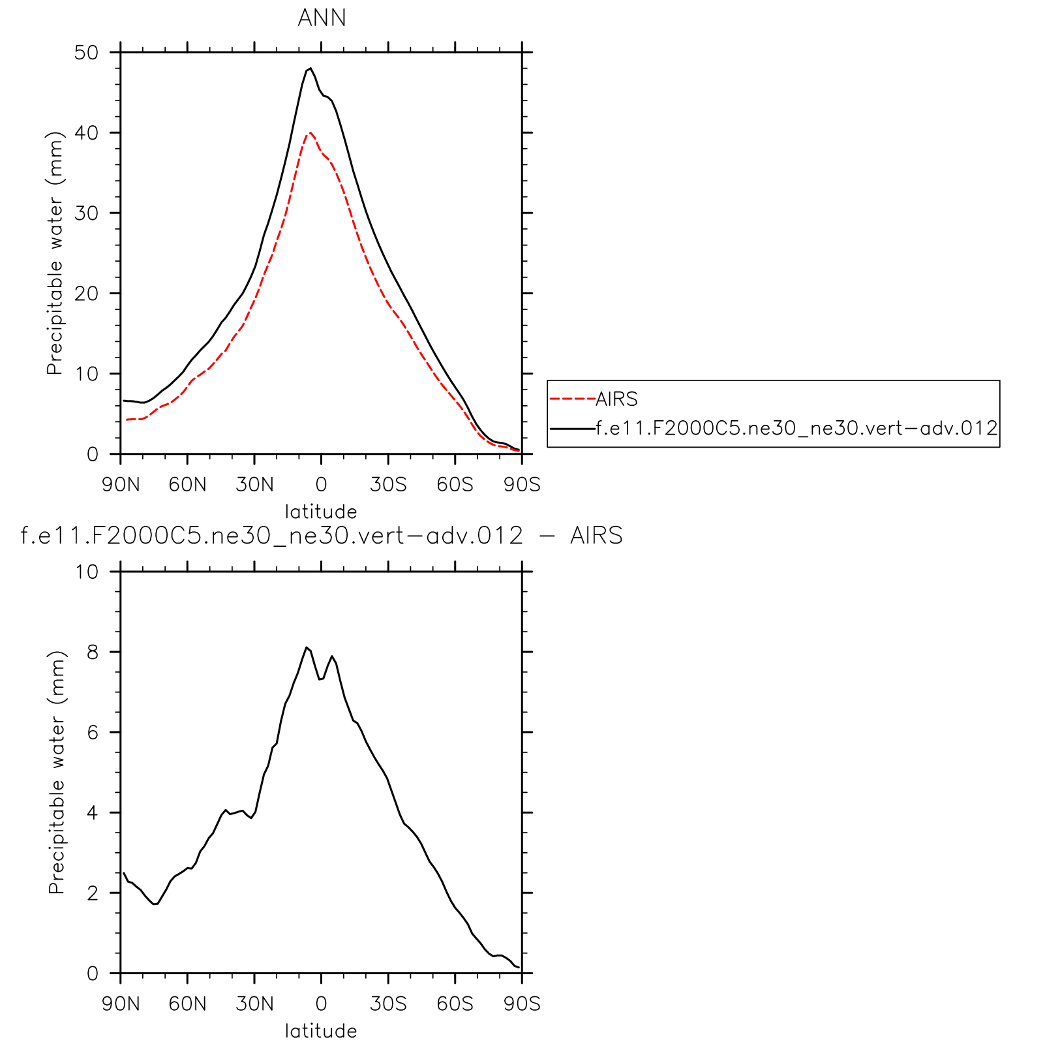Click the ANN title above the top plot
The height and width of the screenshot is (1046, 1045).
click(x=322, y=18)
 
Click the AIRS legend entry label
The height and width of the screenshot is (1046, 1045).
click(x=616, y=399)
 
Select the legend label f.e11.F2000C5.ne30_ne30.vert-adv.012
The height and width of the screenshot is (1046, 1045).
click(x=796, y=428)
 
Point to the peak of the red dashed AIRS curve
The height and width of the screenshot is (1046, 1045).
click(x=310, y=132)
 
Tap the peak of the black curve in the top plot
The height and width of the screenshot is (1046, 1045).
click(x=310, y=68)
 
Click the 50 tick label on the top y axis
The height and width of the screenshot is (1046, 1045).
click(x=86, y=52)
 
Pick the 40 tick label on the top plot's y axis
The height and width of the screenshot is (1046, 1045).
click(x=86, y=132)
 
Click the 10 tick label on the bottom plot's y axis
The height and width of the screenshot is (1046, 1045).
click(x=86, y=572)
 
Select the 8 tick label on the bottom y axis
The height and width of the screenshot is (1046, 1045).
click(x=92, y=652)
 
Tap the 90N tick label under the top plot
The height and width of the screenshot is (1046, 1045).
click(x=121, y=485)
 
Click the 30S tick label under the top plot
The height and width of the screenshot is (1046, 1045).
click(x=388, y=485)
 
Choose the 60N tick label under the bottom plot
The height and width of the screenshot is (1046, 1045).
click(x=187, y=1004)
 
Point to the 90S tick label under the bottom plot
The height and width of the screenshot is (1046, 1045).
click(x=522, y=1004)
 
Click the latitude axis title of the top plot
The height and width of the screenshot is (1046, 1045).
click(x=321, y=511)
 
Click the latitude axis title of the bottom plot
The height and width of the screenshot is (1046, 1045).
click(x=321, y=1031)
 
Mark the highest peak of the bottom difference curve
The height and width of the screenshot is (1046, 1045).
click(x=306, y=647)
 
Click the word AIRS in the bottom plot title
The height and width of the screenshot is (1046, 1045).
click(x=596, y=536)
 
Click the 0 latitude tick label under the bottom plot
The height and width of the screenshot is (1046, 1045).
click(x=321, y=1004)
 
